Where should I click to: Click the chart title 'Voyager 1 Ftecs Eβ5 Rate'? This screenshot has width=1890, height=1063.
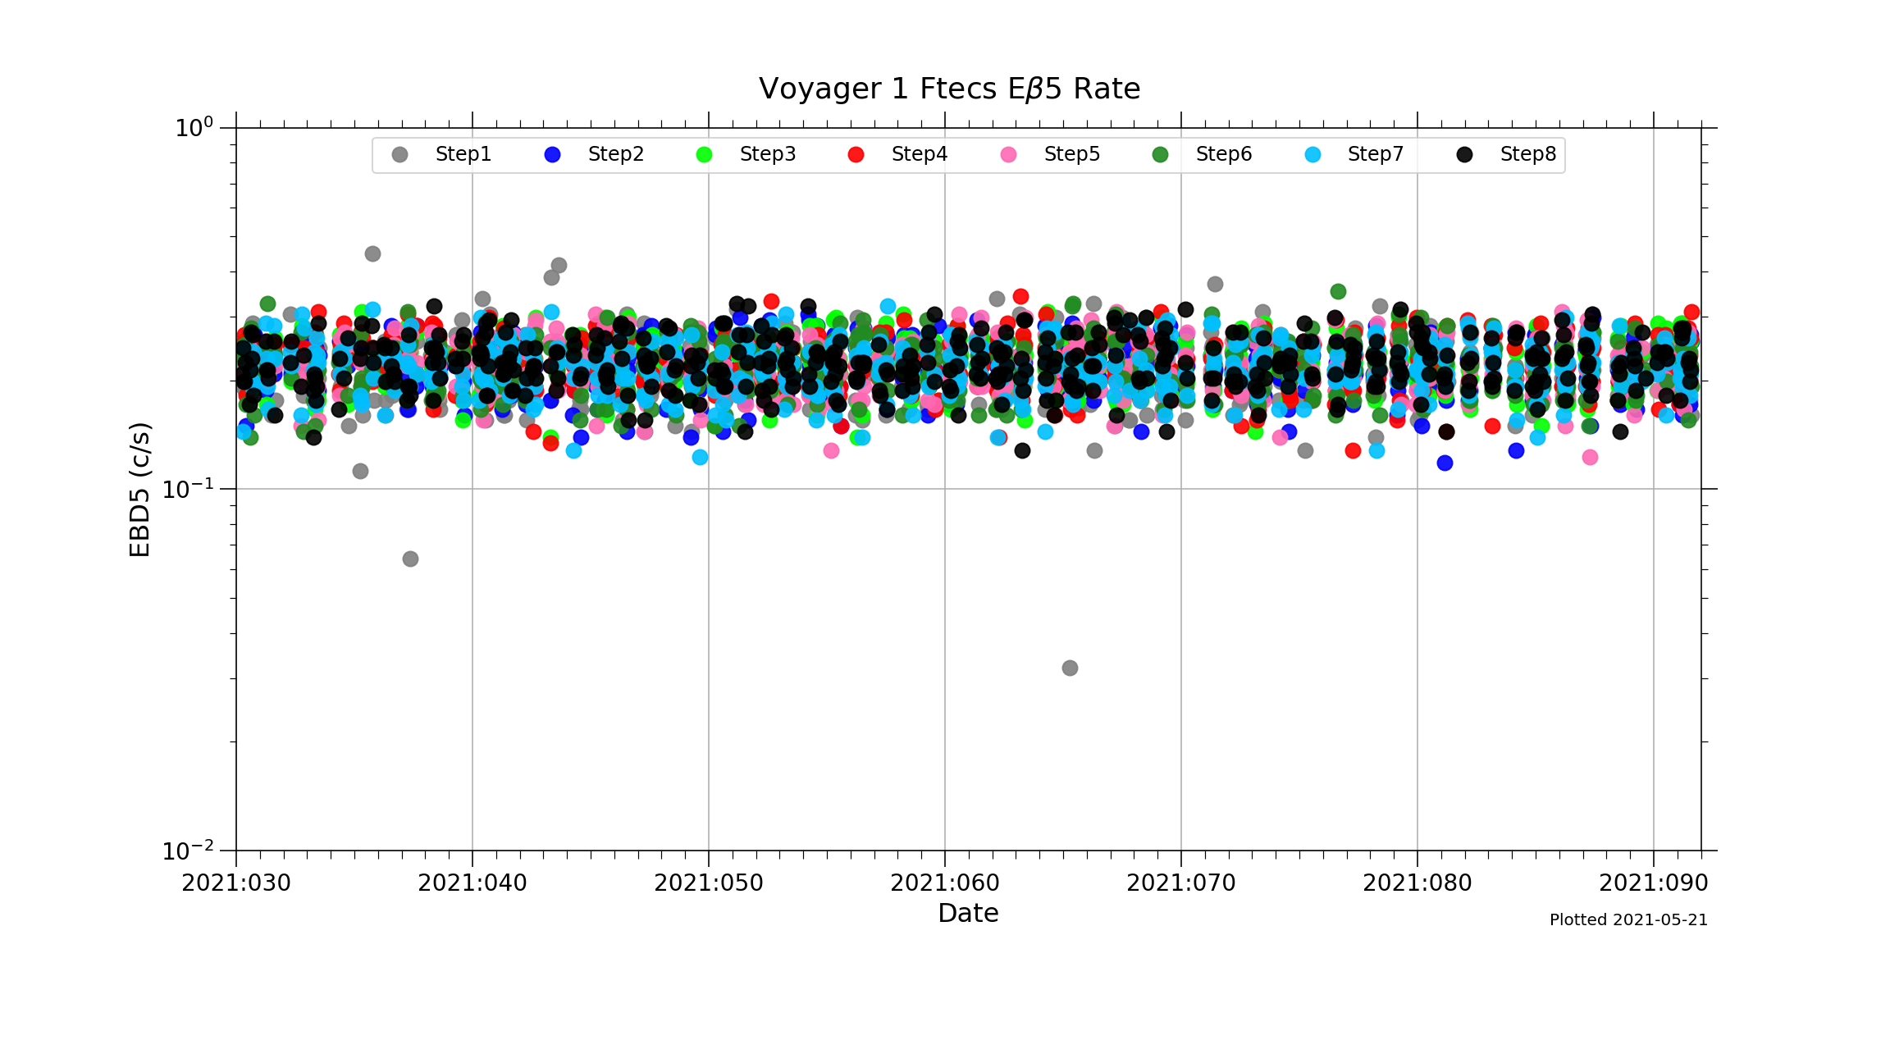point(949,89)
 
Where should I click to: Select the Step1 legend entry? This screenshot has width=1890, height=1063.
point(463,154)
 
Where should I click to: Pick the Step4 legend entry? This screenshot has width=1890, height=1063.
point(919,154)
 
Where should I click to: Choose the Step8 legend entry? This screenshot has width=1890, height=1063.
point(1527,154)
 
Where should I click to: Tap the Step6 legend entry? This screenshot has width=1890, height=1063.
point(1223,154)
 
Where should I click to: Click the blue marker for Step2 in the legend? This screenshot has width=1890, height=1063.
point(552,155)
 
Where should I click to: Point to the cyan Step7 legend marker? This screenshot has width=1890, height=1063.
point(1312,155)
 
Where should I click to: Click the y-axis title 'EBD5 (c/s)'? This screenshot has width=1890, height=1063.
point(140,490)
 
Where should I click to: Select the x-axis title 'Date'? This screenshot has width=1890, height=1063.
point(968,913)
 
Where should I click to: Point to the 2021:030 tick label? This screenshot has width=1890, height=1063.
point(236,883)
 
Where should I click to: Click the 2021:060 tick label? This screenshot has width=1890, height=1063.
point(945,883)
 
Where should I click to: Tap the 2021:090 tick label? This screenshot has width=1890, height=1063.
point(1653,883)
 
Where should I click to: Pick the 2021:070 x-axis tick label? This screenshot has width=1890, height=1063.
point(1181,883)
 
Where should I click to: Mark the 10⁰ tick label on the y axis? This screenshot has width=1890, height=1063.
point(194,128)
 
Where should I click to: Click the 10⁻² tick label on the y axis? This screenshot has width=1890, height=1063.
point(188,851)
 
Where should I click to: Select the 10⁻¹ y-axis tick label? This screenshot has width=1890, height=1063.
point(188,490)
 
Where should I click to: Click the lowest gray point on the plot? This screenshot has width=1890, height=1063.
point(1070,668)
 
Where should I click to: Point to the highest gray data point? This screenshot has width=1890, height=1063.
point(372,253)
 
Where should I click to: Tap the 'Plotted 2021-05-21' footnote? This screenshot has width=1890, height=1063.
point(1628,920)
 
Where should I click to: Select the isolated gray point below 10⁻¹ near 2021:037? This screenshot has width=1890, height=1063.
point(410,559)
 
